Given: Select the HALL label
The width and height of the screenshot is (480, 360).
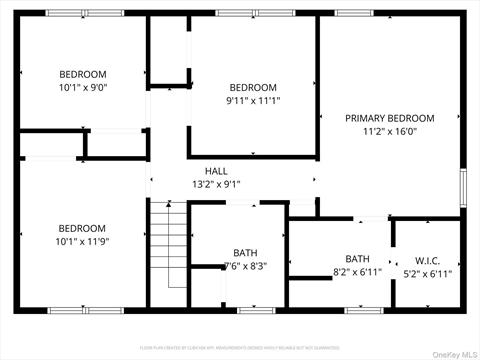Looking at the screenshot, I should pos(216,171).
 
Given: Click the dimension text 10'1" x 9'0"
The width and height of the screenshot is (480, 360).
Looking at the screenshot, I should pos(82,87).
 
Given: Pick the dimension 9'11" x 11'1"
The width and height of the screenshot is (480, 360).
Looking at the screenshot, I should pos(252,100).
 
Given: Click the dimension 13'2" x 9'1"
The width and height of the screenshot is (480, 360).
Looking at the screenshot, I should pos(216,184).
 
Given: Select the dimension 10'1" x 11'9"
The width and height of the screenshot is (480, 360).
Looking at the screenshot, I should pos(82,241).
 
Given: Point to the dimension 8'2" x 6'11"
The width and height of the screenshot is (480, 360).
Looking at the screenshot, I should pos(357,272).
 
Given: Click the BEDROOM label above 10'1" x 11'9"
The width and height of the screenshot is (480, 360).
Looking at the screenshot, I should pos(82,228).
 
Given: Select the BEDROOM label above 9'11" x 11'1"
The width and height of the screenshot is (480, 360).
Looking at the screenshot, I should pos(252,87).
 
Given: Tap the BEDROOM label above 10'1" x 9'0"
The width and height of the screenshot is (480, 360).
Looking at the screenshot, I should pos(82,74).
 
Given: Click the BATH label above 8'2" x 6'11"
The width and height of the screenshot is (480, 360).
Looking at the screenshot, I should pos(357,259).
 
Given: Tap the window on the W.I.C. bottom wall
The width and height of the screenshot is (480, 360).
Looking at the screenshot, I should pos(432,309).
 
